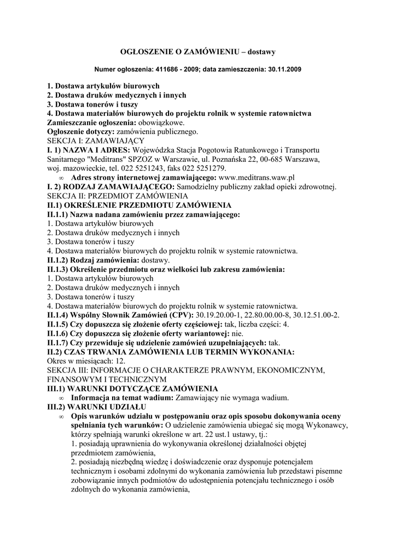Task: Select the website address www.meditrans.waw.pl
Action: (x=257, y=178)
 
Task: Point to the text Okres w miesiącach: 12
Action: (x=86, y=361)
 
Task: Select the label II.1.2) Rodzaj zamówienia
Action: (x=91, y=260)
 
